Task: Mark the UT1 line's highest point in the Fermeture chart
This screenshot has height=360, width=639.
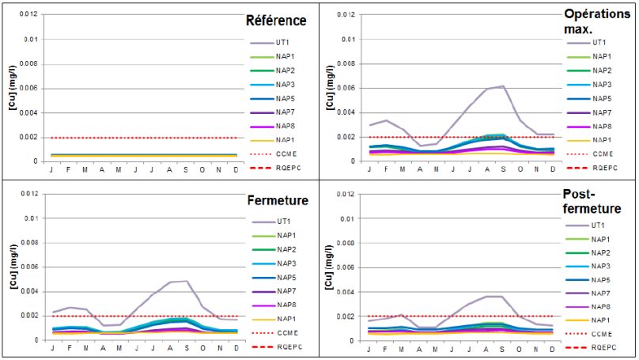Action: (187, 281)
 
